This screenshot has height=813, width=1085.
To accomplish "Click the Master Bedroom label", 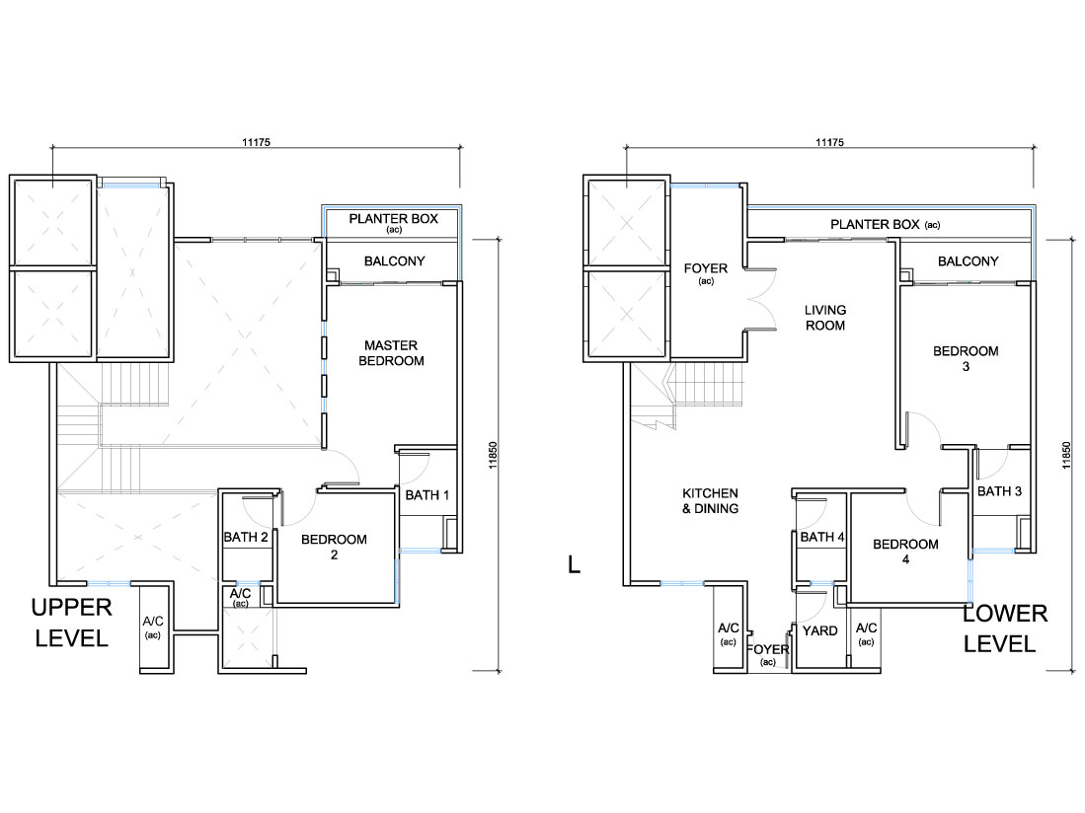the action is click(x=391, y=352).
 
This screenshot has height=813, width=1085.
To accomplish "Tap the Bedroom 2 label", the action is click(x=334, y=547).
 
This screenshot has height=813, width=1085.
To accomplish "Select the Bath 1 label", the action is click(x=426, y=495).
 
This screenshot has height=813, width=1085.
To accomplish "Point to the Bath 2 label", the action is click(x=246, y=537).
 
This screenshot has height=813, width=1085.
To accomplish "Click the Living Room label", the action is click(x=824, y=318).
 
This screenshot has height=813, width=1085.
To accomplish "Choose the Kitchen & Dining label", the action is click(x=710, y=500).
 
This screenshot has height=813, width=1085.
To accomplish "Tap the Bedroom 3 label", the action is click(x=966, y=358).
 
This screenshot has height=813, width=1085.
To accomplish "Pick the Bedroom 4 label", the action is click(x=905, y=551).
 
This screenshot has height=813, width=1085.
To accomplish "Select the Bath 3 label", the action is click(x=999, y=490).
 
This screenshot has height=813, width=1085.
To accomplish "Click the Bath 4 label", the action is click(x=822, y=537).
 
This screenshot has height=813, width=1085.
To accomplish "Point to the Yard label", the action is click(x=820, y=630).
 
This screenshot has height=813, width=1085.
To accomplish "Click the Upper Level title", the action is click(x=71, y=623).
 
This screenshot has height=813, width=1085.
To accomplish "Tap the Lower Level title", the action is click(x=1005, y=628).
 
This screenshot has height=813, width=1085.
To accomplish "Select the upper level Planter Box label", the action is click(x=393, y=218).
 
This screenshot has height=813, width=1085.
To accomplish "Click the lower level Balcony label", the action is click(x=969, y=261).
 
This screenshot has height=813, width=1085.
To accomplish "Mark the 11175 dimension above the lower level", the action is click(x=829, y=142).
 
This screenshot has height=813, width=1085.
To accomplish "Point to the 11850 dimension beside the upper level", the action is click(x=493, y=456).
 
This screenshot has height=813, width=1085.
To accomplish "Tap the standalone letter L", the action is click(x=574, y=564).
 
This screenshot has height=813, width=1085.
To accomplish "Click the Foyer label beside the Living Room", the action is click(x=705, y=268).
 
